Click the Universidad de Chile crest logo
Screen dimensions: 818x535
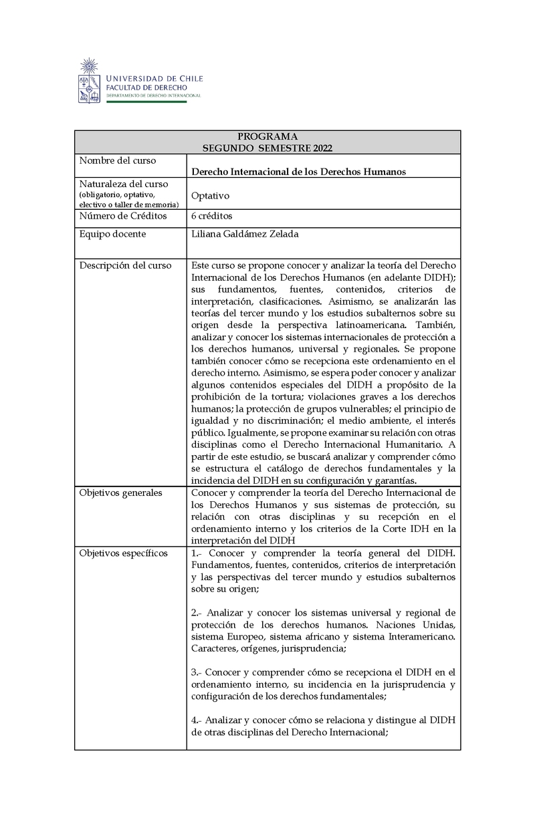[x=90, y=81]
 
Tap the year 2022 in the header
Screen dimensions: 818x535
[x=319, y=148]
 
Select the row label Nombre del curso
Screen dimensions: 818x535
[x=118, y=161]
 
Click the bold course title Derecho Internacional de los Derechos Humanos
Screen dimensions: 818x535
[x=298, y=172]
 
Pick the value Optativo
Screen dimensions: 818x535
[x=210, y=196]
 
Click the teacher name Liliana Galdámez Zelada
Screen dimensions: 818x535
[x=245, y=234]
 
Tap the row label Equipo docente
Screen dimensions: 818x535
[x=113, y=234]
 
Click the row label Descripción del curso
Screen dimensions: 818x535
[x=125, y=265]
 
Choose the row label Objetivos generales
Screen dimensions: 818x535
[x=120, y=493]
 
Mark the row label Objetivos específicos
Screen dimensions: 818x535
[x=124, y=553]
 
